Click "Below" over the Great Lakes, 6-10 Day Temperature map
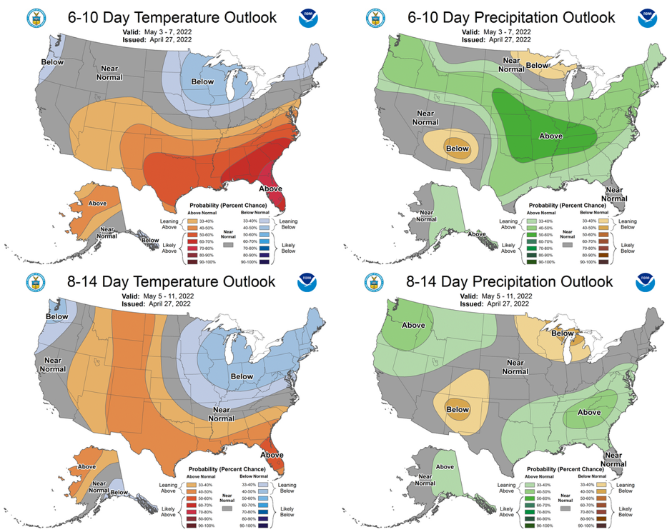point(202,82)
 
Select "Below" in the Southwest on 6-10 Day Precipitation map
point(457,149)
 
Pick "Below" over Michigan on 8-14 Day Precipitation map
point(563,333)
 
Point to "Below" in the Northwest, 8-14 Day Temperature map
point(57,316)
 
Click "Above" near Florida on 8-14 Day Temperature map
point(272,454)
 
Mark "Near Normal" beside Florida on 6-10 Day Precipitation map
point(613,193)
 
